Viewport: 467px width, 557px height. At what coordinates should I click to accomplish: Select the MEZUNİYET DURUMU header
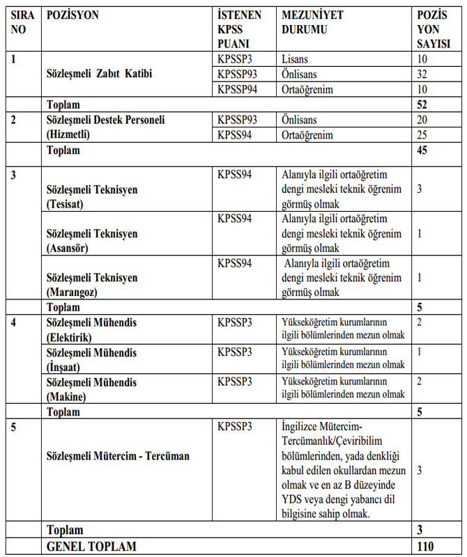(312, 22)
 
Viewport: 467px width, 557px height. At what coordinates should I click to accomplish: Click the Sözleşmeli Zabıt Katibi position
(99, 74)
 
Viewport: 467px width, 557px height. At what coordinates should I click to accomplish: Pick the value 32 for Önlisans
(422, 74)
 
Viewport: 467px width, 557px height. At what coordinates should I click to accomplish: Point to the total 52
(422, 104)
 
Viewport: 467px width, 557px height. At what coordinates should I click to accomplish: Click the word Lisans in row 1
(295, 59)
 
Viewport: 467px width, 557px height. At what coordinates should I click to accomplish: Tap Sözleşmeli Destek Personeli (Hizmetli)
(105, 127)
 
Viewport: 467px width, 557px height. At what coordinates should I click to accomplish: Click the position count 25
(422, 134)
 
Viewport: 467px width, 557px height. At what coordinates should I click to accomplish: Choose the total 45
(422, 150)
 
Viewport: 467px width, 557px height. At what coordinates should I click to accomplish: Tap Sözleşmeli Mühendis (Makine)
(91, 389)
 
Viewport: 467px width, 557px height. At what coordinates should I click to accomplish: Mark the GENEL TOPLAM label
(91, 547)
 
